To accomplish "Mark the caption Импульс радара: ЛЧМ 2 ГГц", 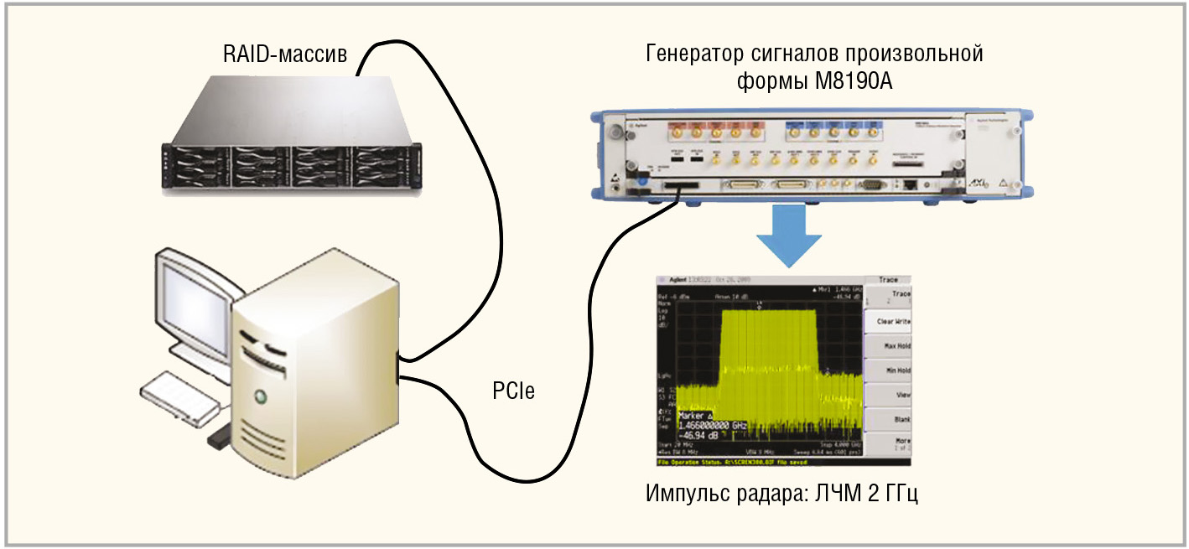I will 782,493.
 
